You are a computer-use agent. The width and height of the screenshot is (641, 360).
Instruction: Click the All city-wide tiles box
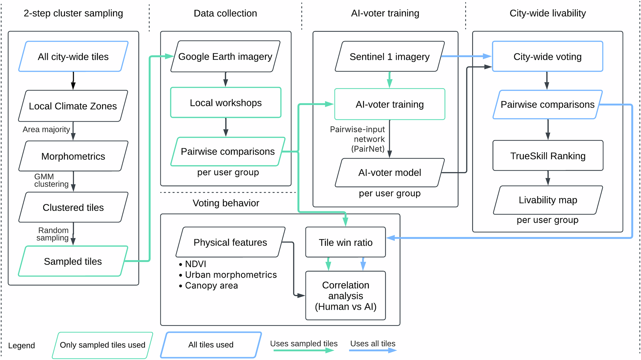pyautogui.click(x=73, y=56)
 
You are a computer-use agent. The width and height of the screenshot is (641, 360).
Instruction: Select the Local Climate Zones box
pyautogui.click(x=73, y=106)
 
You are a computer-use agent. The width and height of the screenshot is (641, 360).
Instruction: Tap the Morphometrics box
pyautogui.click(x=73, y=156)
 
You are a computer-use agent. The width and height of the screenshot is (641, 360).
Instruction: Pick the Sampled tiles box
pyautogui.click(x=73, y=261)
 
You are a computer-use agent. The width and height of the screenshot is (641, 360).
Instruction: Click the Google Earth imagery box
pyautogui.click(x=225, y=56)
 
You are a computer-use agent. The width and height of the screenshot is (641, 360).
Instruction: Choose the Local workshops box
pyautogui.click(x=226, y=103)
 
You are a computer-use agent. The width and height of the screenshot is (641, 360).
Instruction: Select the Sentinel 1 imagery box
pyautogui.click(x=389, y=57)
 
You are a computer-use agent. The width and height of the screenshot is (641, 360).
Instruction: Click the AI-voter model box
pyautogui.click(x=389, y=173)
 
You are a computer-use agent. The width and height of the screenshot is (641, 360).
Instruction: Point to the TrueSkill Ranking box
pyautogui.click(x=548, y=156)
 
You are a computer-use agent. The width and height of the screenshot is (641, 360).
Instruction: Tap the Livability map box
pyautogui.click(x=548, y=200)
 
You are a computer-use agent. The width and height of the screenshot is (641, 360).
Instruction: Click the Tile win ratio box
pyautogui.click(x=345, y=242)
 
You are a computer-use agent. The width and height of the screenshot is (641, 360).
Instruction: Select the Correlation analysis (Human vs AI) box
pyautogui.click(x=345, y=296)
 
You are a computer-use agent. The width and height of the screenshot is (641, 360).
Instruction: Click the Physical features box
pyautogui.click(x=230, y=242)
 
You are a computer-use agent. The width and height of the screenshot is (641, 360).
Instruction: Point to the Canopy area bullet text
pyautogui.click(x=211, y=285)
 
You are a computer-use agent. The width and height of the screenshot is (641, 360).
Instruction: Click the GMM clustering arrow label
pyautogui.click(x=51, y=181)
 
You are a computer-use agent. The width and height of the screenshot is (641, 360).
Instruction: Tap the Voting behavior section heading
pyautogui.click(x=226, y=203)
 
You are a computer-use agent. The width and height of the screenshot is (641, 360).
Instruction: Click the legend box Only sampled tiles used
pyautogui.click(x=103, y=345)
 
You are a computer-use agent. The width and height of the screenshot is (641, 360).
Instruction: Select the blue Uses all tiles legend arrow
pyautogui.click(x=373, y=350)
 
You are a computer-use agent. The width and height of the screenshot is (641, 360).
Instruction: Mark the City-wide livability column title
pyautogui.click(x=547, y=13)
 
